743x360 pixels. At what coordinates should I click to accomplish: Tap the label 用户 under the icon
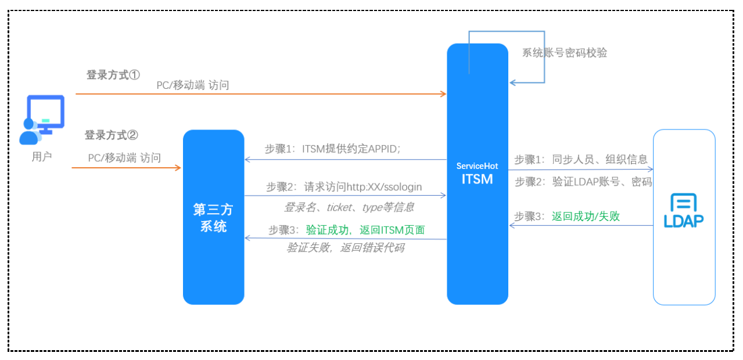pyautogui.click(x=42, y=156)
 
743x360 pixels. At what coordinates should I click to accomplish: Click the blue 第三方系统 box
pyautogui.click(x=213, y=217)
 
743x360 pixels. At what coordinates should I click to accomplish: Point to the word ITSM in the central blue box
pyautogui.click(x=477, y=179)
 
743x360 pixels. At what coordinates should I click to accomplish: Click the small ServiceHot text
pyautogui.click(x=477, y=166)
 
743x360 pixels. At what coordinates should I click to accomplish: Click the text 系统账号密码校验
pyautogui.click(x=564, y=53)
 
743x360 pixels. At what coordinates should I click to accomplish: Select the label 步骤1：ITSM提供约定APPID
pyautogui.click(x=333, y=149)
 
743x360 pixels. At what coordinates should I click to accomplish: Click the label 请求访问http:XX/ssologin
pyautogui.click(x=363, y=187)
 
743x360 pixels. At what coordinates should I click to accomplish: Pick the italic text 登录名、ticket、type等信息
pyautogui.click(x=349, y=207)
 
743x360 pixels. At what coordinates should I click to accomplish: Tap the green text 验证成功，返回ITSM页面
pyautogui.click(x=365, y=230)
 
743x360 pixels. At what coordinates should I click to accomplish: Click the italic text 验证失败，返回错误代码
pyautogui.click(x=346, y=248)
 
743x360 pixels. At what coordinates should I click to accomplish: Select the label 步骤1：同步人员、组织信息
pyautogui.click(x=581, y=159)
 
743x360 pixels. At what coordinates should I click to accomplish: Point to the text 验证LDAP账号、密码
pyautogui.click(x=602, y=182)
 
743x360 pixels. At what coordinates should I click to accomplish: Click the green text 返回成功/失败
pyautogui.click(x=586, y=217)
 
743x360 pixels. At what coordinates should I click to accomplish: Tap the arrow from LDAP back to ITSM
pyautogui.click(x=581, y=226)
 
